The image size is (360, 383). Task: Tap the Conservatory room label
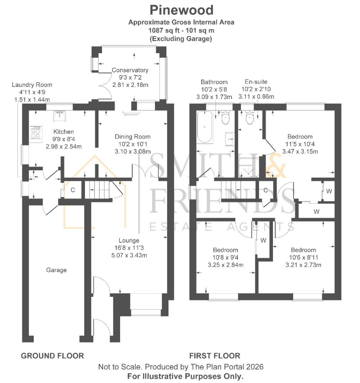[130, 70]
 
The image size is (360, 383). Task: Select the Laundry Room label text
[32, 85]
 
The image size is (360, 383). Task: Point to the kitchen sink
[59, 115]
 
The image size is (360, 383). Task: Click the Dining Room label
[133, 137]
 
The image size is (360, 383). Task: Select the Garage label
[56, 270]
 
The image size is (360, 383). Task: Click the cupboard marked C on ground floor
[72, 190]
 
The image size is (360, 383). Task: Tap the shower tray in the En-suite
[249, 167]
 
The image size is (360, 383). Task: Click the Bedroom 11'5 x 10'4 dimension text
[300, 144]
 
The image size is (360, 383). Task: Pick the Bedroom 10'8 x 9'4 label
[225, 250]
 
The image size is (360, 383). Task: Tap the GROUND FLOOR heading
[53, 356]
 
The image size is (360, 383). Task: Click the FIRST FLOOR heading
[215, 356]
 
